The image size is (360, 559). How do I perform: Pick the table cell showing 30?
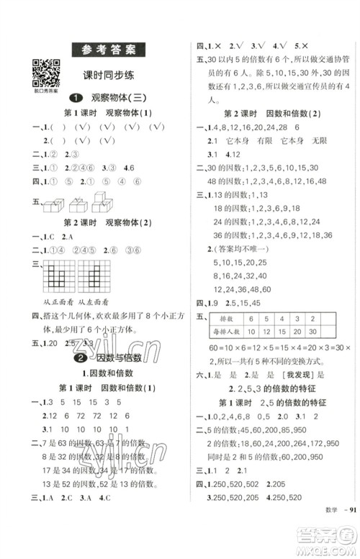click(312, 333)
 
